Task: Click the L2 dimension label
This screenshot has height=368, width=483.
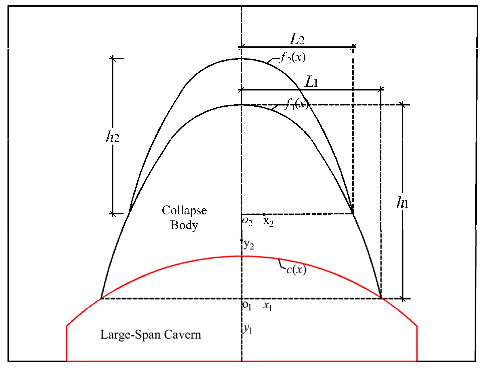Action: click(x=297, y=40)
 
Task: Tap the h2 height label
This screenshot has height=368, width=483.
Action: click(x=113, y=138)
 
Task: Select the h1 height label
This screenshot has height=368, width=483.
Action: click(x=402, y=203)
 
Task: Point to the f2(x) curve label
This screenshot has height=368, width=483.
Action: click(x=291, y=58)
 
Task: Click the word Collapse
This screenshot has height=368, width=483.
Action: click(x=184, y=210)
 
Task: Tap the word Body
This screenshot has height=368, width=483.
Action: click(x=184, y=225)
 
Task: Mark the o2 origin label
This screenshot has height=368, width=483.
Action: click(x=247, y=222)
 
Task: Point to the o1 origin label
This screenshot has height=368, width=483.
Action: click(x=247, y=306)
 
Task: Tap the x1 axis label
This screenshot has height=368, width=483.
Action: click(x=267, y=307)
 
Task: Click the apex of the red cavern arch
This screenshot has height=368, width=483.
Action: click(x=241, y=256)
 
